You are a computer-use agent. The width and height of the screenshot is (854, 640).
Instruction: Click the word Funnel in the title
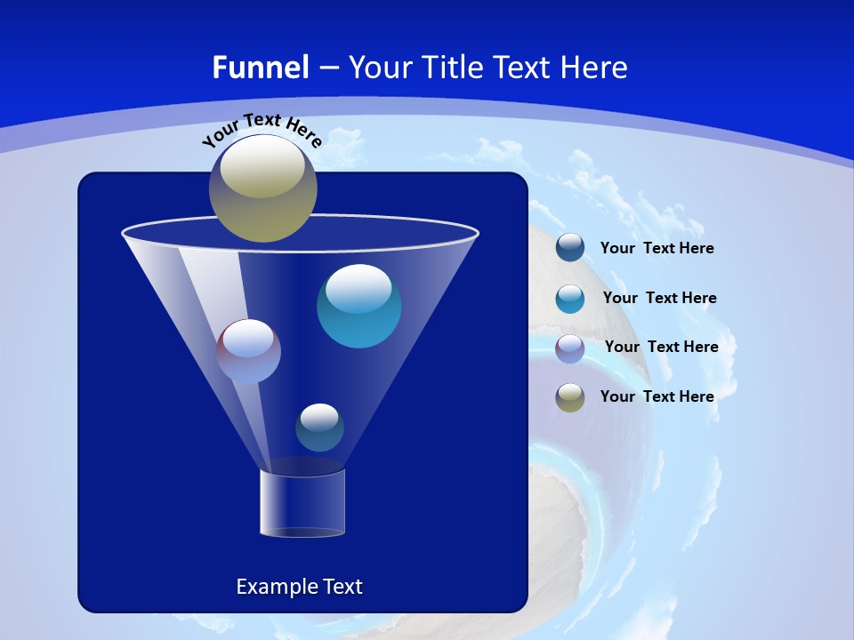(x=260, y=68)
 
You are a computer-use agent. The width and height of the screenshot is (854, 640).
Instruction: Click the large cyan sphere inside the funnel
(x=359, y=307)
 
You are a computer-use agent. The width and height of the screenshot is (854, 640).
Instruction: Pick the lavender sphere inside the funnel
(x=248, y=351)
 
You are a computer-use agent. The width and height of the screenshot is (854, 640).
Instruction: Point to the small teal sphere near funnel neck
(x=319, y=428)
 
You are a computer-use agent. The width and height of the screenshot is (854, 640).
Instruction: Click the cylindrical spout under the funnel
(x=302, y=503)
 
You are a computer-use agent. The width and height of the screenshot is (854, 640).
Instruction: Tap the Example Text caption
(x=299, y=587)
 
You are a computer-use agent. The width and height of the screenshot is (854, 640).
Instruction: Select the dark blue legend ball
(x=570, y=248)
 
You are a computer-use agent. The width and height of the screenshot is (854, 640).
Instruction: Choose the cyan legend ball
(x=570, y=299)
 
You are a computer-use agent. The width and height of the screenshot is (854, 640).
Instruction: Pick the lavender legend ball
(x=570, y=348)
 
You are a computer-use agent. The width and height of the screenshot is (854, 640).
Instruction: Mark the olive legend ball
(x=570, y=397)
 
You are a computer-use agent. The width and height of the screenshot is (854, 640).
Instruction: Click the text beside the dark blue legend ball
(x=657, y=249)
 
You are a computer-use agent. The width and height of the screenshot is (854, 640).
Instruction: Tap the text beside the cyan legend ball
(x=659, y=299)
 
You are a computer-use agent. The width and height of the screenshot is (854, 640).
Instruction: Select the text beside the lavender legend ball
(x=661, y=348)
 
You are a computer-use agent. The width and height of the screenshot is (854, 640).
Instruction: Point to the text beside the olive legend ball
(x=657, y=396)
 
